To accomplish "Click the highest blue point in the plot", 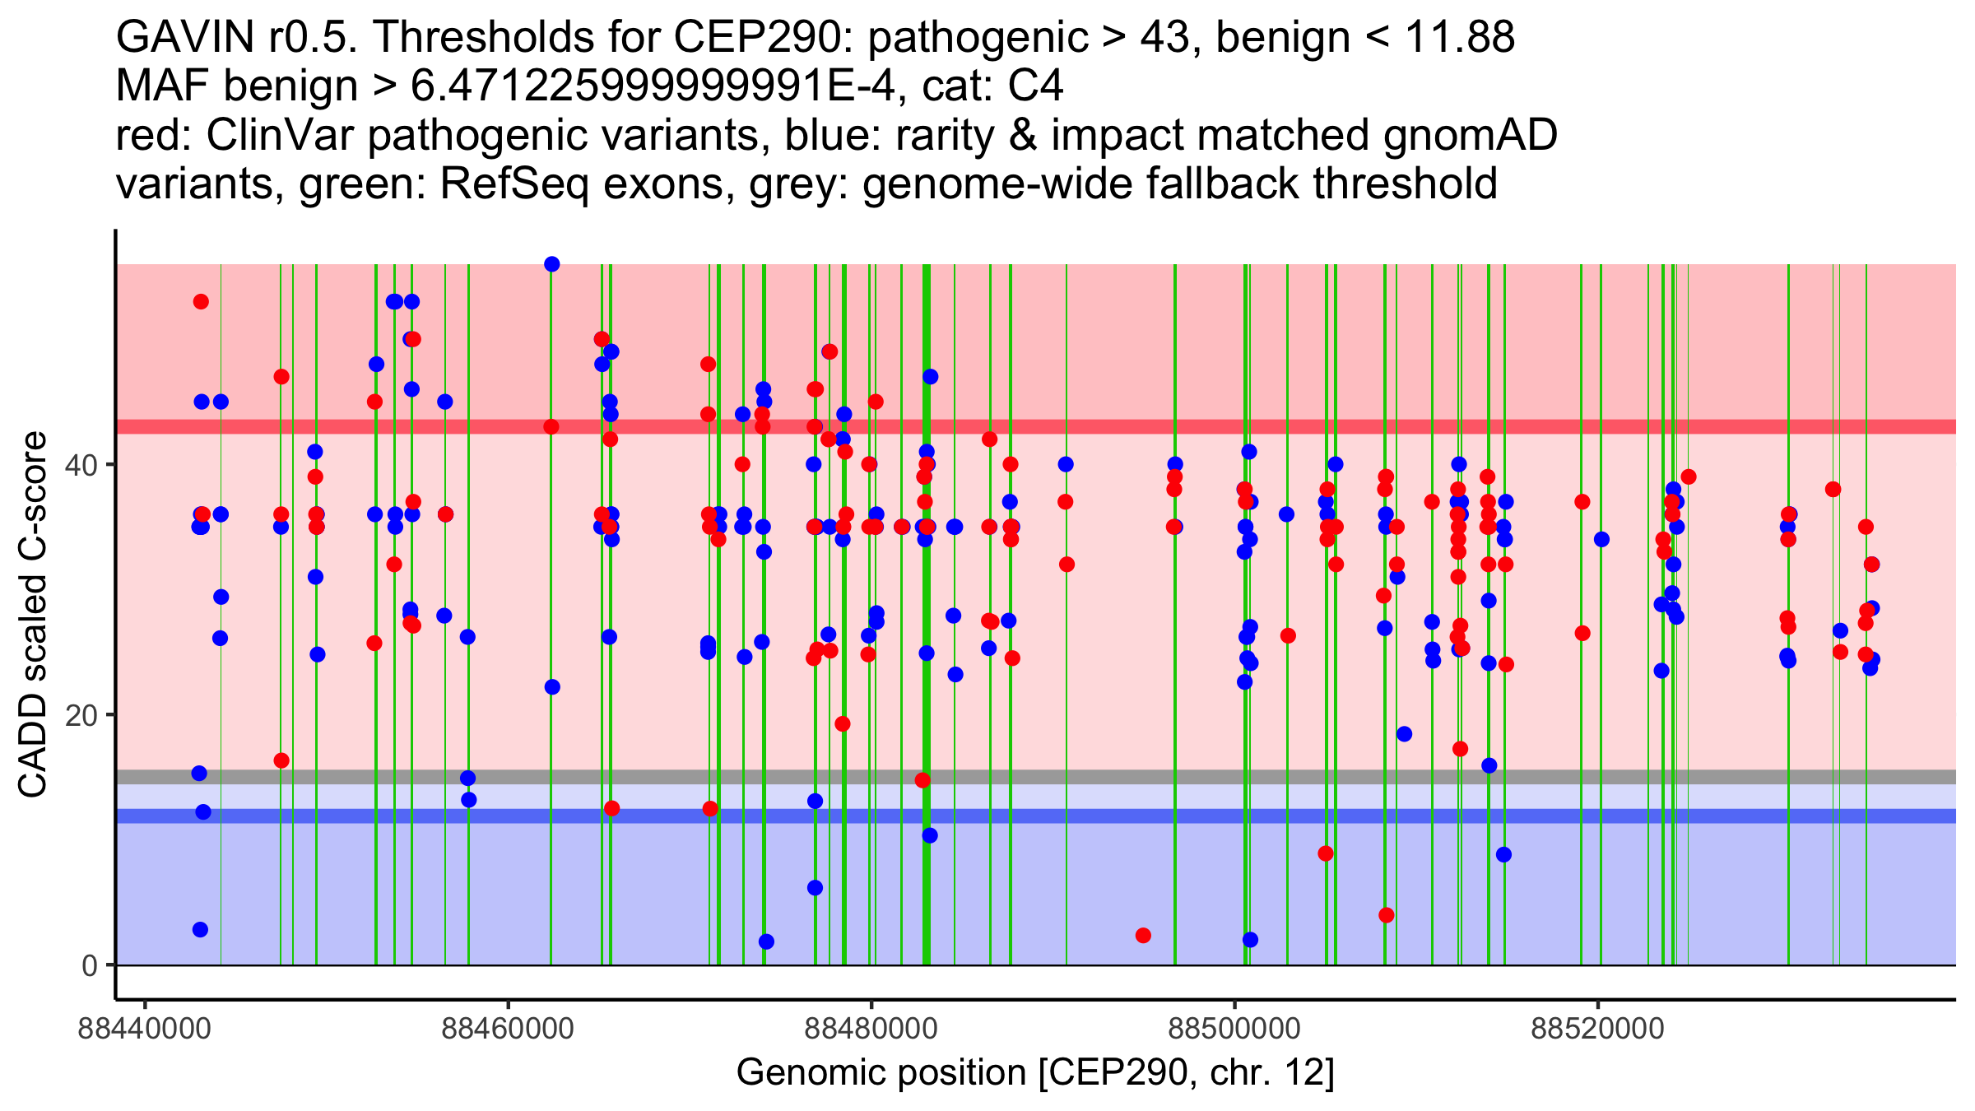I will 552,264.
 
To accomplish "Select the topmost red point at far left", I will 201,302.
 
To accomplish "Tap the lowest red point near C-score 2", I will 1143,936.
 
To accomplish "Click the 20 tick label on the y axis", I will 81,715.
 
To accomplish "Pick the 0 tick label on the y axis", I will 90,965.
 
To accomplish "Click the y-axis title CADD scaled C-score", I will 33,615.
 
